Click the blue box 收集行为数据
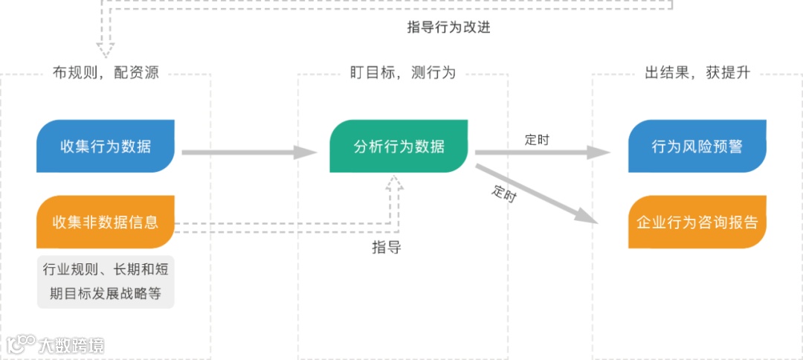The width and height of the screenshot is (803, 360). click(106, 147)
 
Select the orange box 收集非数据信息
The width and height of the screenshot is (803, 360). click(106, 222)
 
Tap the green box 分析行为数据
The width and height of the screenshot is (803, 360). click(399, 147)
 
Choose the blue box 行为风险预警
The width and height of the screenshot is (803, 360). click(697, 147)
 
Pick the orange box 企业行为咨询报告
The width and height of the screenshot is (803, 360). click(697, 222)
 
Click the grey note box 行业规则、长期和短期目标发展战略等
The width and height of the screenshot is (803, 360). click(106, 281)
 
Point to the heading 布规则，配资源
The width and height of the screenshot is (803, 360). click(106, 73)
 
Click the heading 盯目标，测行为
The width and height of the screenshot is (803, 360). click(403, 73)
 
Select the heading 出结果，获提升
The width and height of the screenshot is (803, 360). click(697, 73)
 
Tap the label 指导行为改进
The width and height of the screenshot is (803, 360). click(448, 28)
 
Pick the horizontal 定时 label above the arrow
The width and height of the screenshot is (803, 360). click(537, 139)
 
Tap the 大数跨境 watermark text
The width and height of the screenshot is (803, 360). click(72, 344)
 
